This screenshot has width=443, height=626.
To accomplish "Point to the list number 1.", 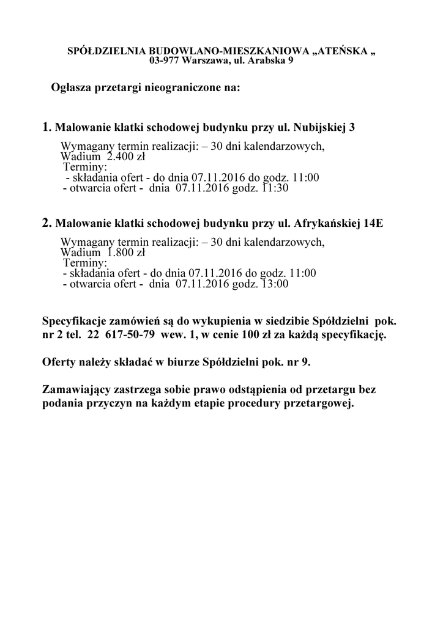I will (46, 128).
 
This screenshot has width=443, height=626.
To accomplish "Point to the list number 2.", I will (46, 223).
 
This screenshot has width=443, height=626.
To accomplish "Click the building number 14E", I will (373, 224).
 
